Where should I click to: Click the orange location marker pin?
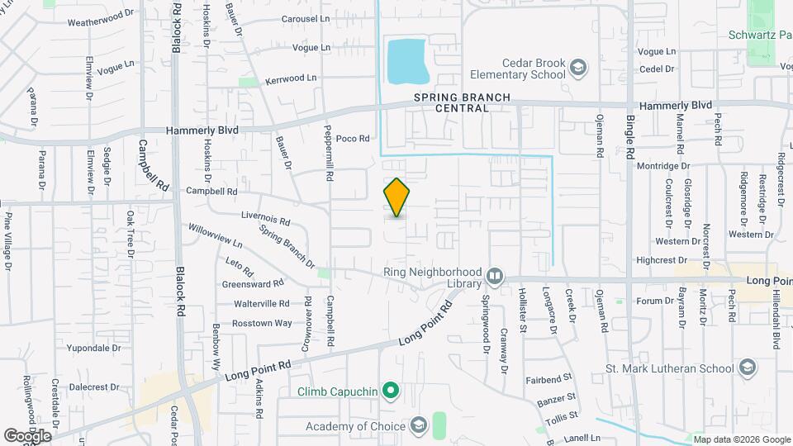tap(396, 197)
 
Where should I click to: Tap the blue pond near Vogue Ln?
tap(406, 61)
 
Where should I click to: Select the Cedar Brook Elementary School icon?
tap(577, 68)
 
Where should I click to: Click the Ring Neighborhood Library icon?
tap(495, 276)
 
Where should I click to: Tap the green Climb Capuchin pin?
tap(392, 390)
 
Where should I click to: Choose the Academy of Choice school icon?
tap(419, 426)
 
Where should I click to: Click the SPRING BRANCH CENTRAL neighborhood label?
tap(462, 102)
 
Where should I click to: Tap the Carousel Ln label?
tap(305, 18)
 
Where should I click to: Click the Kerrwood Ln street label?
tap(291, 79)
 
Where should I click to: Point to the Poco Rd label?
tap(352, 139)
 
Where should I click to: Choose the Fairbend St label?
tap(548, 380)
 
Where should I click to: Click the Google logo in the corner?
tap(27, 435)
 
